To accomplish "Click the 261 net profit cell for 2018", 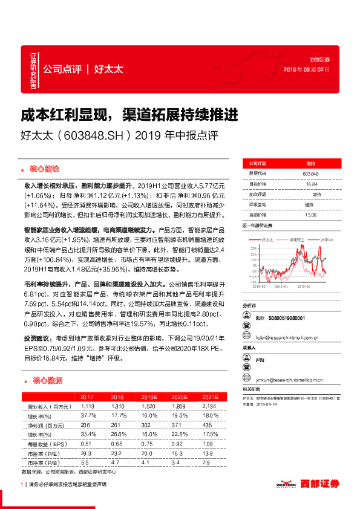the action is (117, 425).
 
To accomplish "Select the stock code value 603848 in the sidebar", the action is (310, 174).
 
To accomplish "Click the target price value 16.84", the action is (310, 184).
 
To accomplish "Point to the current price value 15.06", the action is (310, 214).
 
